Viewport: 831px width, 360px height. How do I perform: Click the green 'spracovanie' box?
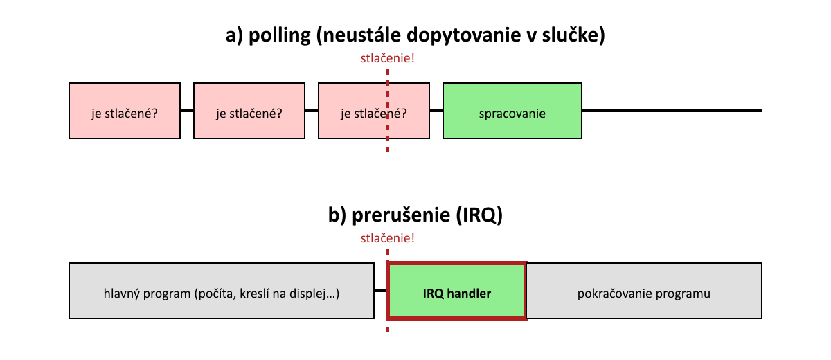point(512,111)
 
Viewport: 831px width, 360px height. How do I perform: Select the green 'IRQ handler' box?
point(457,291)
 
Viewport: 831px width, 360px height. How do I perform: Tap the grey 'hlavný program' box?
point(222,291)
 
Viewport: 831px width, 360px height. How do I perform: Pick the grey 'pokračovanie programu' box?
point(644,291)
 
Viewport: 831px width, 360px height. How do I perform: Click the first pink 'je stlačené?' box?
point(125,111)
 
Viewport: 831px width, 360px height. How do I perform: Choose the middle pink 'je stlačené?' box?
point(249,111)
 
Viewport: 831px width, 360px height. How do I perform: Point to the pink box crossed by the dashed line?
point(360,111)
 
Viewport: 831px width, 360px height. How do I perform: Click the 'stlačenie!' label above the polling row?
point(388,58)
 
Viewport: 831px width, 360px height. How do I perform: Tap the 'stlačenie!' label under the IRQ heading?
point(388,238)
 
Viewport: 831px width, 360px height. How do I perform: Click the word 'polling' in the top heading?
point(277,35)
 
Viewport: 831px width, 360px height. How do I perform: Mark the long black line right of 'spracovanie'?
point(672,111)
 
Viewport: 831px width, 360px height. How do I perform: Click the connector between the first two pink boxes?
point(187,111)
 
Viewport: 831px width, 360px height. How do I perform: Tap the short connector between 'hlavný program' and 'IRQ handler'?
point(380,291)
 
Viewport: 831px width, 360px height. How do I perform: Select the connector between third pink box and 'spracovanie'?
point(436,111)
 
